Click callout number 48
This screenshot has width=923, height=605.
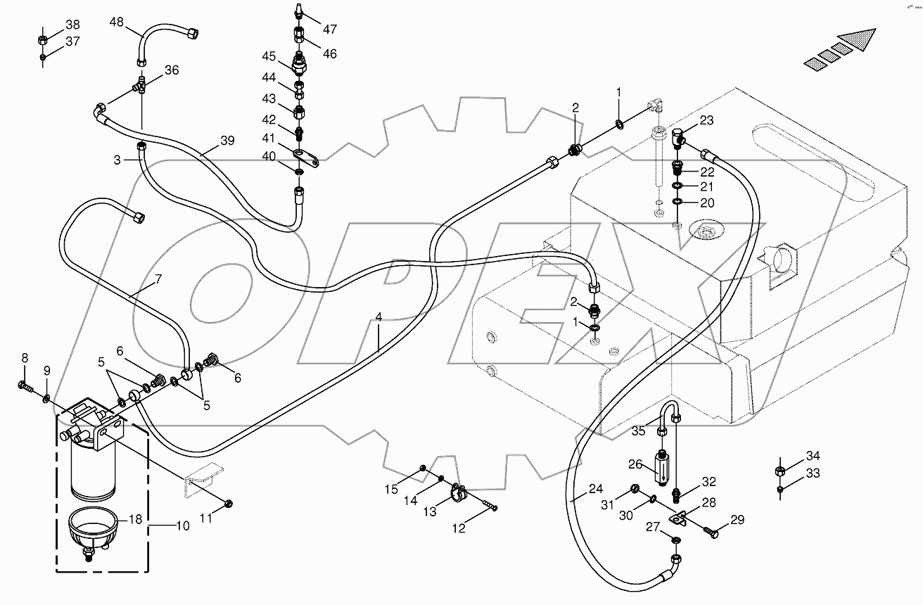pos(116,22)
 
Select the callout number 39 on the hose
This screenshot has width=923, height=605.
pos(227,140)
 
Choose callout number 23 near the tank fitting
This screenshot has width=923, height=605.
pos(706,120)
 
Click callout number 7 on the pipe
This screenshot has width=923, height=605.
pos(158,279)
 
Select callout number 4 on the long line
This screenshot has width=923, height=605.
pos(378,317)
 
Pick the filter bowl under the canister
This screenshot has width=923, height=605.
pos(92,530)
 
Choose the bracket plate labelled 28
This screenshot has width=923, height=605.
pos(680,521)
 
